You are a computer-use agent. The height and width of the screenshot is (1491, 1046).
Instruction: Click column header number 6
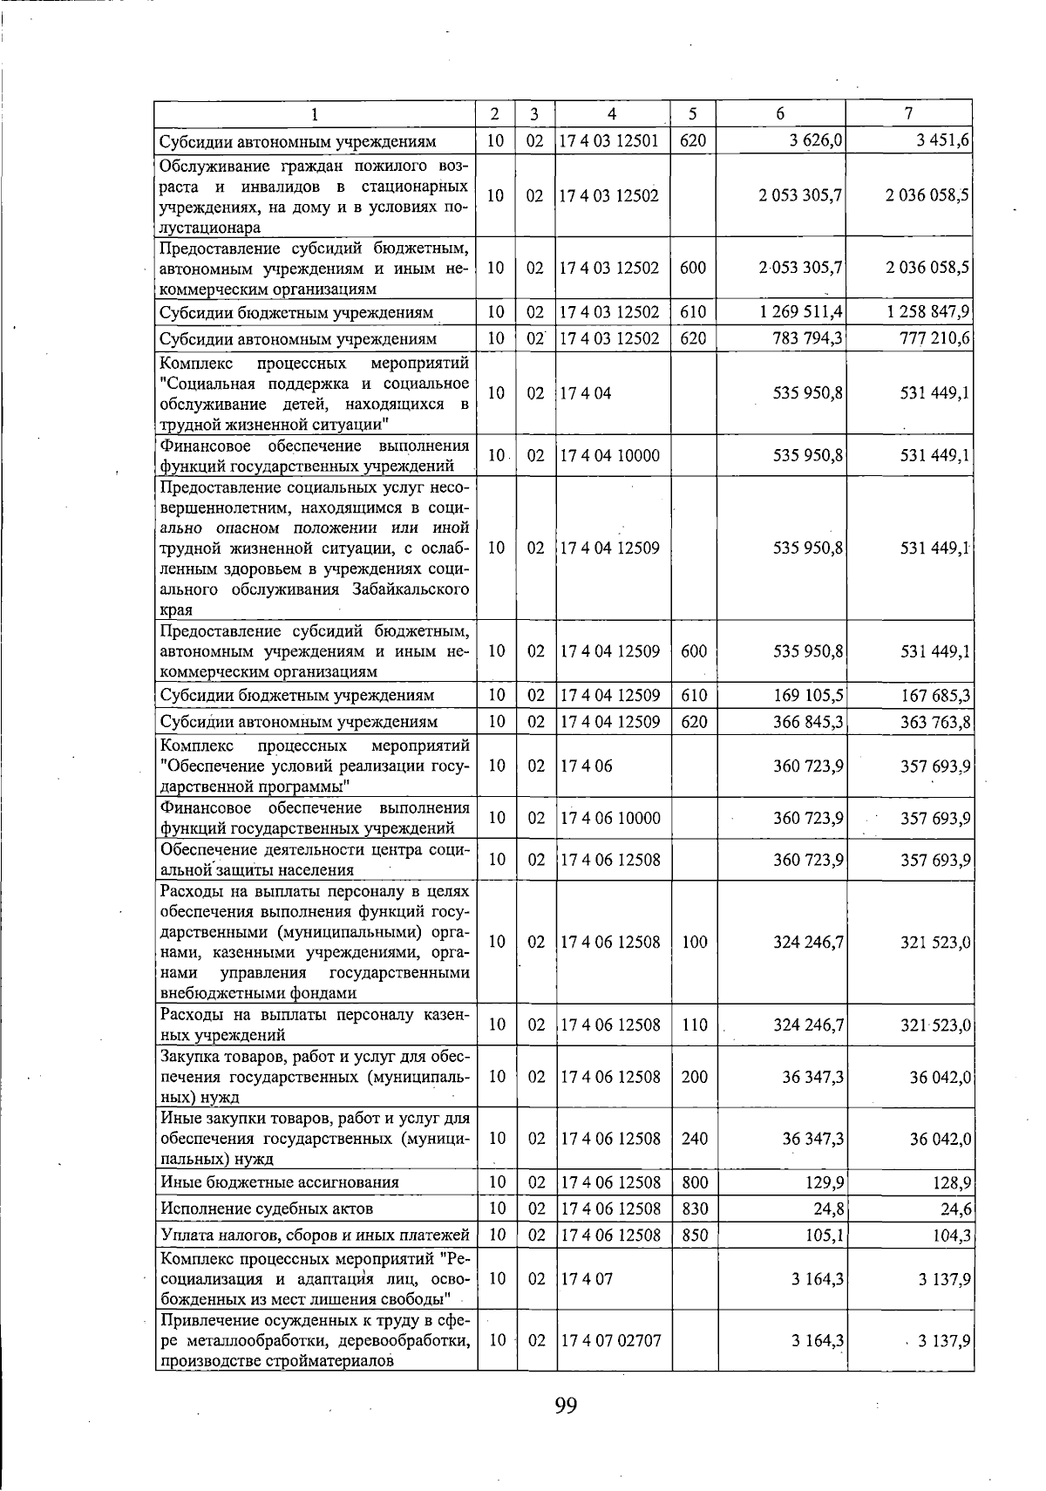click(780, 113)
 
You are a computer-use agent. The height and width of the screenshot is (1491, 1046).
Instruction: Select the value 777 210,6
click(935, 338)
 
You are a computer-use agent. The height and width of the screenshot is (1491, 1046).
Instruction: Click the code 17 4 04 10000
click(611, 455)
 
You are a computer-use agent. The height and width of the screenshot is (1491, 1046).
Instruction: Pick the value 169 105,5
click(808, 696)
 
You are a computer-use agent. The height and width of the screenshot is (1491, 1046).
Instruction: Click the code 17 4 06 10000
click(611, 818)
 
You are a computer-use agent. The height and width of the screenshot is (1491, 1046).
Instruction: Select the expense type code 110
click(694, 1025)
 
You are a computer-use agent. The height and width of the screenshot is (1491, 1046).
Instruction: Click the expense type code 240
click(694, 1139)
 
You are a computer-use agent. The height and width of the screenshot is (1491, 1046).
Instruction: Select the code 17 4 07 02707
click(611, 1340)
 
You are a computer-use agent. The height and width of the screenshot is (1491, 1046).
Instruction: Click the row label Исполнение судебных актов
click(267, 1208)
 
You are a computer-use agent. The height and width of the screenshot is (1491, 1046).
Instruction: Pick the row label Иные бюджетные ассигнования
click(280, 1182)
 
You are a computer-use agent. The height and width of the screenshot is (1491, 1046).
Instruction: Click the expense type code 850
click(694, 1235)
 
